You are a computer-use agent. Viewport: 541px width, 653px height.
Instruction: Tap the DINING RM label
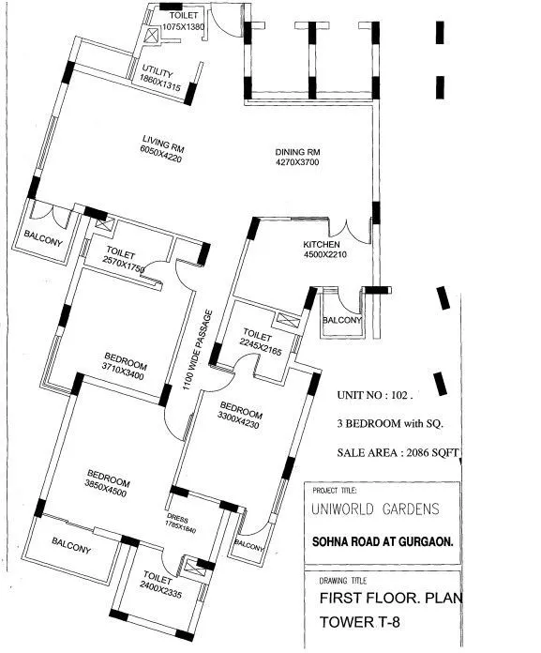297,152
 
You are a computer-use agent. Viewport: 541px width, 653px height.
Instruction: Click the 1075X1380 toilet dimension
182,28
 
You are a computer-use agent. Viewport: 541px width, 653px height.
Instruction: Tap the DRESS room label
178,516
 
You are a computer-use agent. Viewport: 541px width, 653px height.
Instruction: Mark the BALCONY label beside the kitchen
341,321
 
